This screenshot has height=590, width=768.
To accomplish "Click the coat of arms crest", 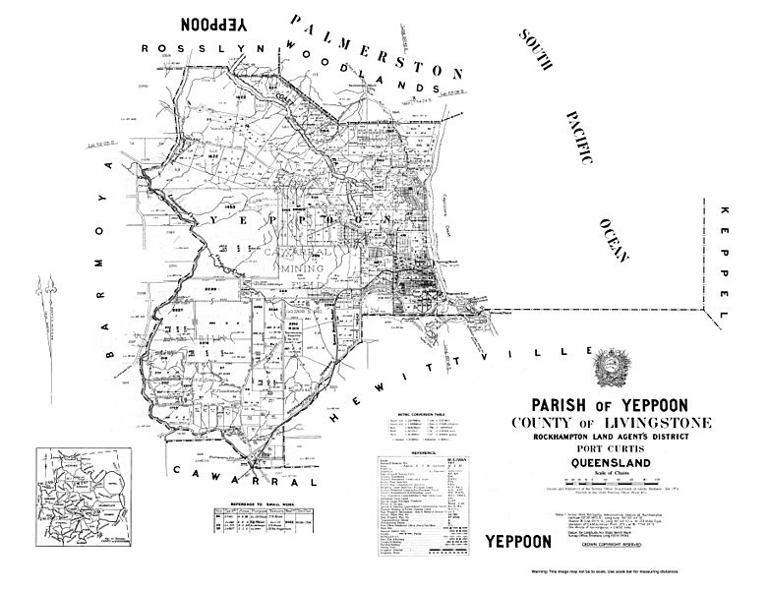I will pos(607,368).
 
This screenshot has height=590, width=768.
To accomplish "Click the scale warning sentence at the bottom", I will pos(591,570).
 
